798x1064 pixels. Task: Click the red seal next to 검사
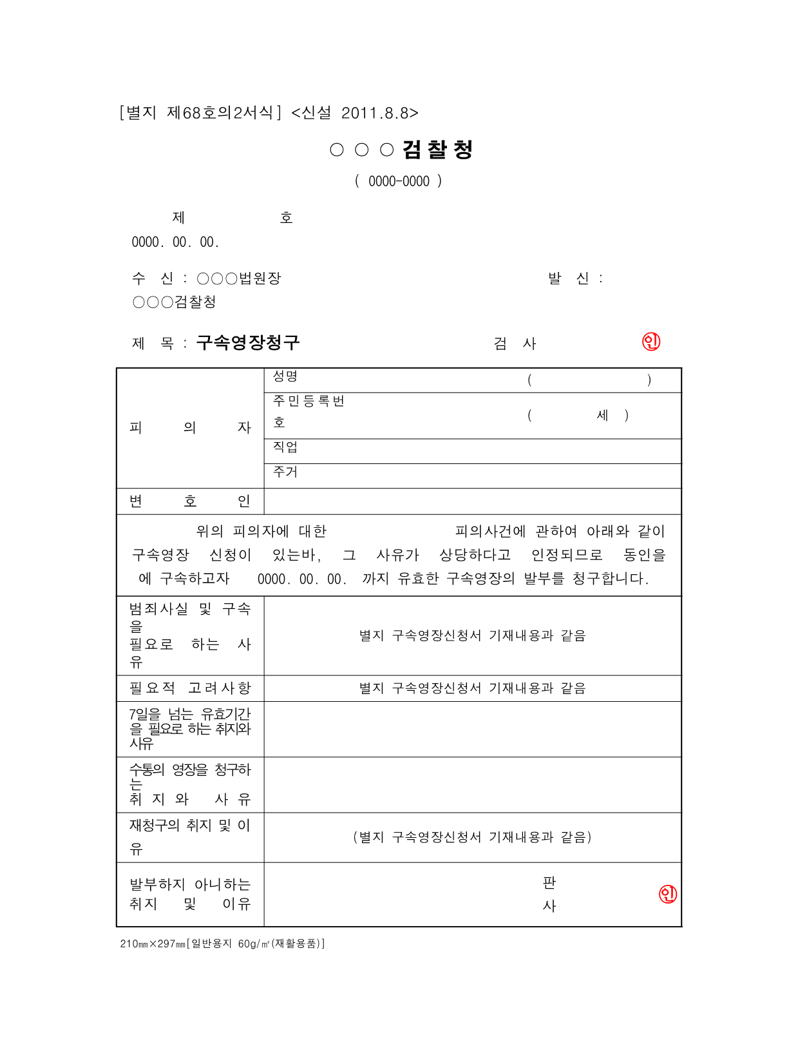pyautogui.click(x=651, y=342)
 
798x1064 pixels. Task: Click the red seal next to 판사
pyautogui.click(x=668, y=894)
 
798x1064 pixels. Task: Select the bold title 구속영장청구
pyautogui.click(x=248, y=342)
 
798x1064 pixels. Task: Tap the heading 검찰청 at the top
pyautogui.click(x=438, y=150)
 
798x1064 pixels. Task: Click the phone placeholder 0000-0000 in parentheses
pyautogui.click(x=399, y=182)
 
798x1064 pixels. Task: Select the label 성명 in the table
pyautogui.click(x=285, y=376)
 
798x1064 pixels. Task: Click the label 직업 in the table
pyautogui.click(x=285, y=447)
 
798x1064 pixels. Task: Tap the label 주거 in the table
pyautogui.click(x=285, y=472)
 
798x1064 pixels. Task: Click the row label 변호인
pyautogui.click(x=190, y=501)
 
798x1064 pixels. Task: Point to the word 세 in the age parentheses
pyautogui.click(x=602, y=415)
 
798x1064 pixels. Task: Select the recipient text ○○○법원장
pyautogui.click(x=239, y=278)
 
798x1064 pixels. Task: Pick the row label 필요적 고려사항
pyautogui.click(x=190, y=688)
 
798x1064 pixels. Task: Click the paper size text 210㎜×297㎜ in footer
pyautogui.click(x=153, y=944)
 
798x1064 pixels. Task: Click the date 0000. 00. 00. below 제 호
pyautogui.click(x=175, y=242)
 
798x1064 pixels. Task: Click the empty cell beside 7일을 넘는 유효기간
pyautogui.click(x=472, y=729)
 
